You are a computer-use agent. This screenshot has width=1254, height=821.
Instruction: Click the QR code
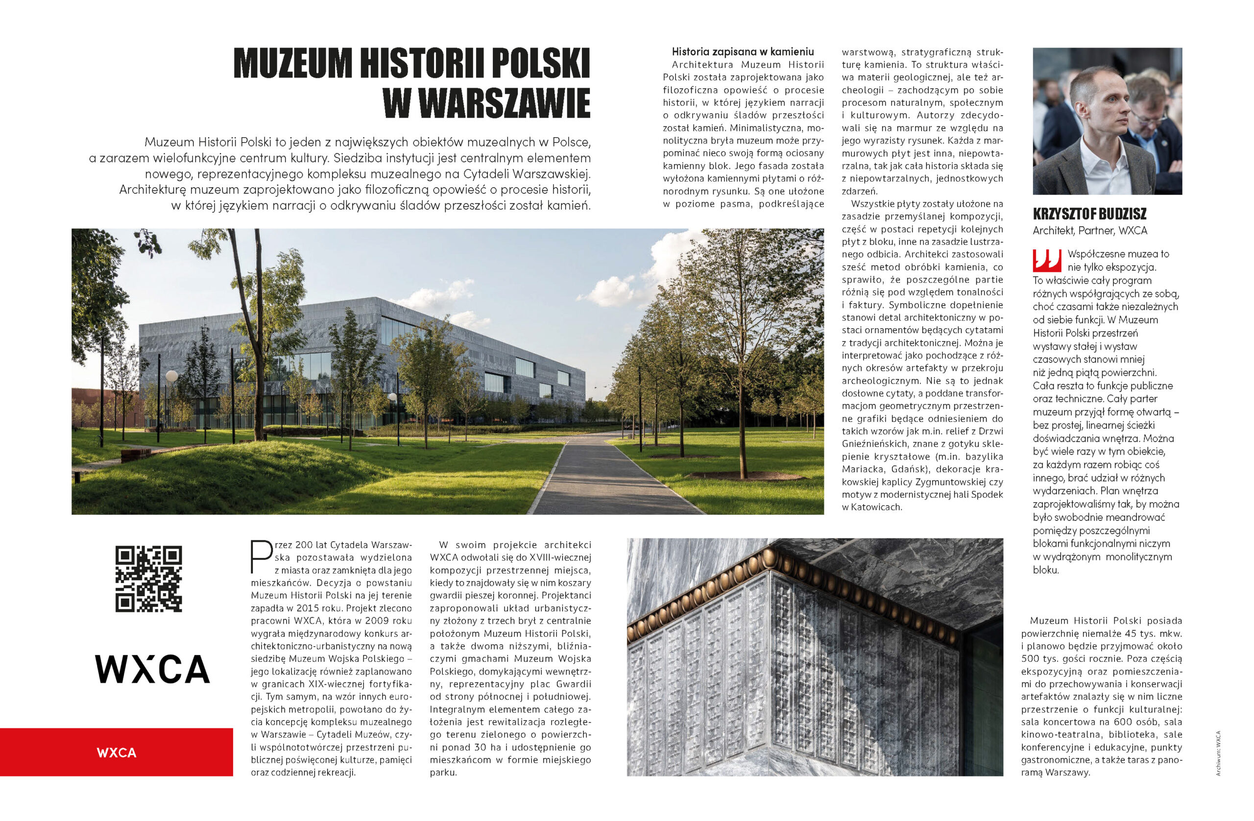148,579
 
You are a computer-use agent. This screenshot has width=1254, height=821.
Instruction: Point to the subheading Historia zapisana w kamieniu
743,51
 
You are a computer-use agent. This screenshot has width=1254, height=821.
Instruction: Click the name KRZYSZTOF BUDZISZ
1089,215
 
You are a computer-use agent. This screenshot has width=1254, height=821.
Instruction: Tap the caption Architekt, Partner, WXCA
1089,230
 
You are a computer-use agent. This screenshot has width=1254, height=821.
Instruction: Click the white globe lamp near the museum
171,376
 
